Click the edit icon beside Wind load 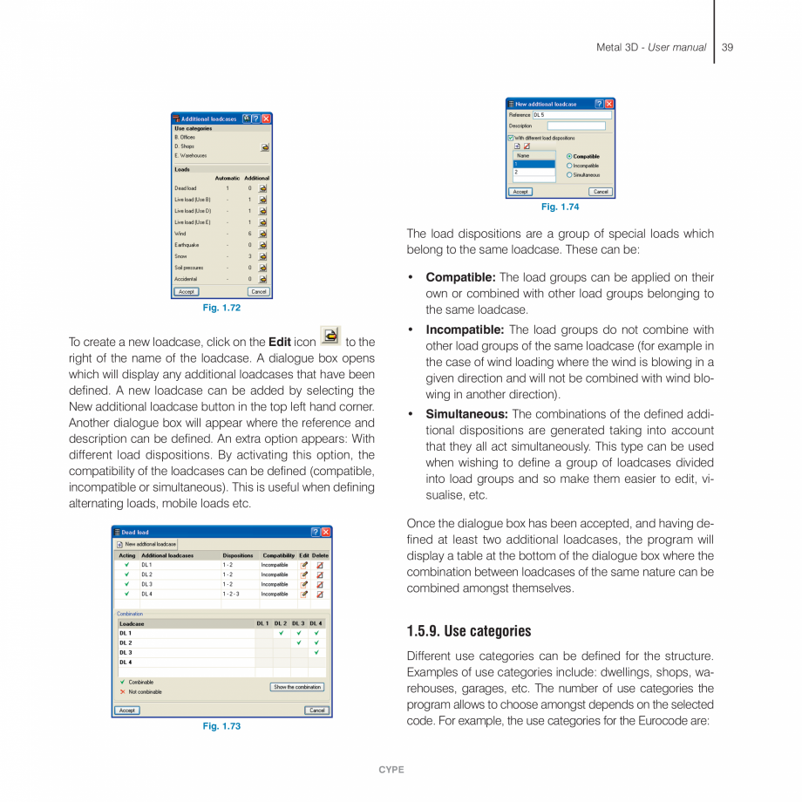point(262,234)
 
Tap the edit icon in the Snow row point(262,256)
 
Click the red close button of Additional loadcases point(266,119)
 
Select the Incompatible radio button point(570,166)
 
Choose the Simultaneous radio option point(570,175)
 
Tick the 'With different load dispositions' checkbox point(511,138)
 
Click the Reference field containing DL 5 point(571,115)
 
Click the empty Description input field point(575,126)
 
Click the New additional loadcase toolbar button point(146,544)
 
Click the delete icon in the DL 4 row point(320,594)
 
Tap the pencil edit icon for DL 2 point(304,574)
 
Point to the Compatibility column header point(279,555)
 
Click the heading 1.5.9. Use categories point(468,631)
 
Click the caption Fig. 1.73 point(221,726)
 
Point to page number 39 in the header point(727,47)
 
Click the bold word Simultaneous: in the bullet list point(466,414)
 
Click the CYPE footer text point(391,770)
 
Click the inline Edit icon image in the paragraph point(330,336)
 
